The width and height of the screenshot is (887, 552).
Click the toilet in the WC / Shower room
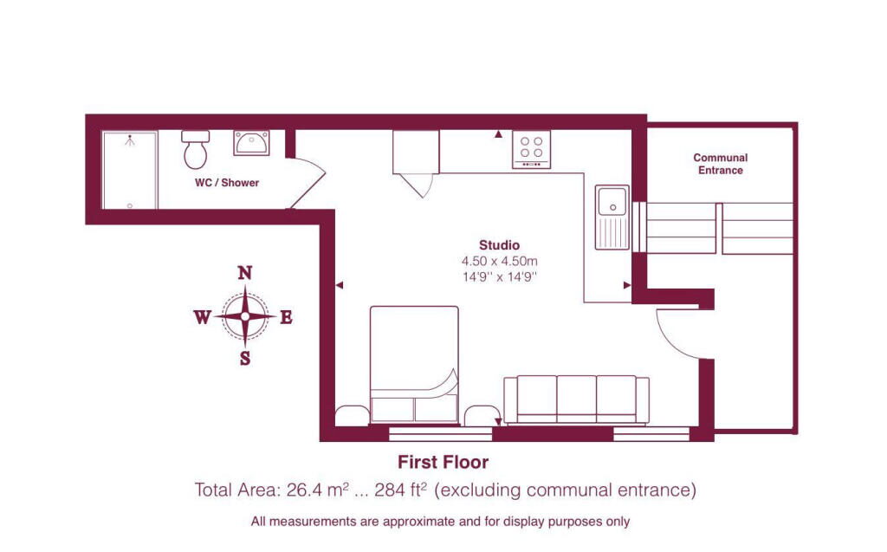pos(195,150)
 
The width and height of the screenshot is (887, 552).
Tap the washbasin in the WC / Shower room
pos(251,142)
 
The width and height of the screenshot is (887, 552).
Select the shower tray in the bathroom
pos(130,170)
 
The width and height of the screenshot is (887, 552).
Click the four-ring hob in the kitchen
pos(530,148)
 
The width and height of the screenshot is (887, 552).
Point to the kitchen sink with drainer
pos(612,217)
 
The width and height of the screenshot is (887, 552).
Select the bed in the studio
pos(414,364)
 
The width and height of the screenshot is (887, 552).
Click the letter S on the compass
pos(245,358)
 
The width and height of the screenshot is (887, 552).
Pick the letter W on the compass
pos(202,317)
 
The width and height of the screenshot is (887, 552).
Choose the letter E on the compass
pos(286,317)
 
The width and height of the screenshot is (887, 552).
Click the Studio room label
pos(499,244)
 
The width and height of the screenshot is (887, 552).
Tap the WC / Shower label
pos(227,183)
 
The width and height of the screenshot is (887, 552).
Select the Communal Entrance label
pos(720,164)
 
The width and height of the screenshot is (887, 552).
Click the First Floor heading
pos(443,462)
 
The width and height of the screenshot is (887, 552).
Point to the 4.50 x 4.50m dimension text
pos(499,261)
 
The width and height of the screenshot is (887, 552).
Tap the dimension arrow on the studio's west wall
pos(340,284)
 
